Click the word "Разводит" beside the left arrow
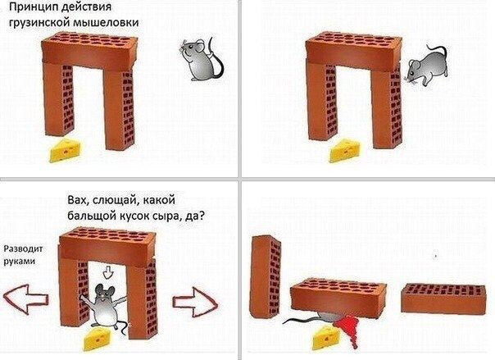coord(24,249)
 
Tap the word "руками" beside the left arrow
coord(19,262)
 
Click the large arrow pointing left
coord(26,299)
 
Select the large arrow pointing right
coord(195,303)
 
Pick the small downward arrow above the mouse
coord(109,272)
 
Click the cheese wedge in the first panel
coord(66,150)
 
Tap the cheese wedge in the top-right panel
coord(344,151)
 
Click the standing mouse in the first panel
coord(201,60)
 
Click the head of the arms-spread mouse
coord(103,292)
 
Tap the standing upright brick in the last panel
coord(266,276)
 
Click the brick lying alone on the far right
coord(443,298)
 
